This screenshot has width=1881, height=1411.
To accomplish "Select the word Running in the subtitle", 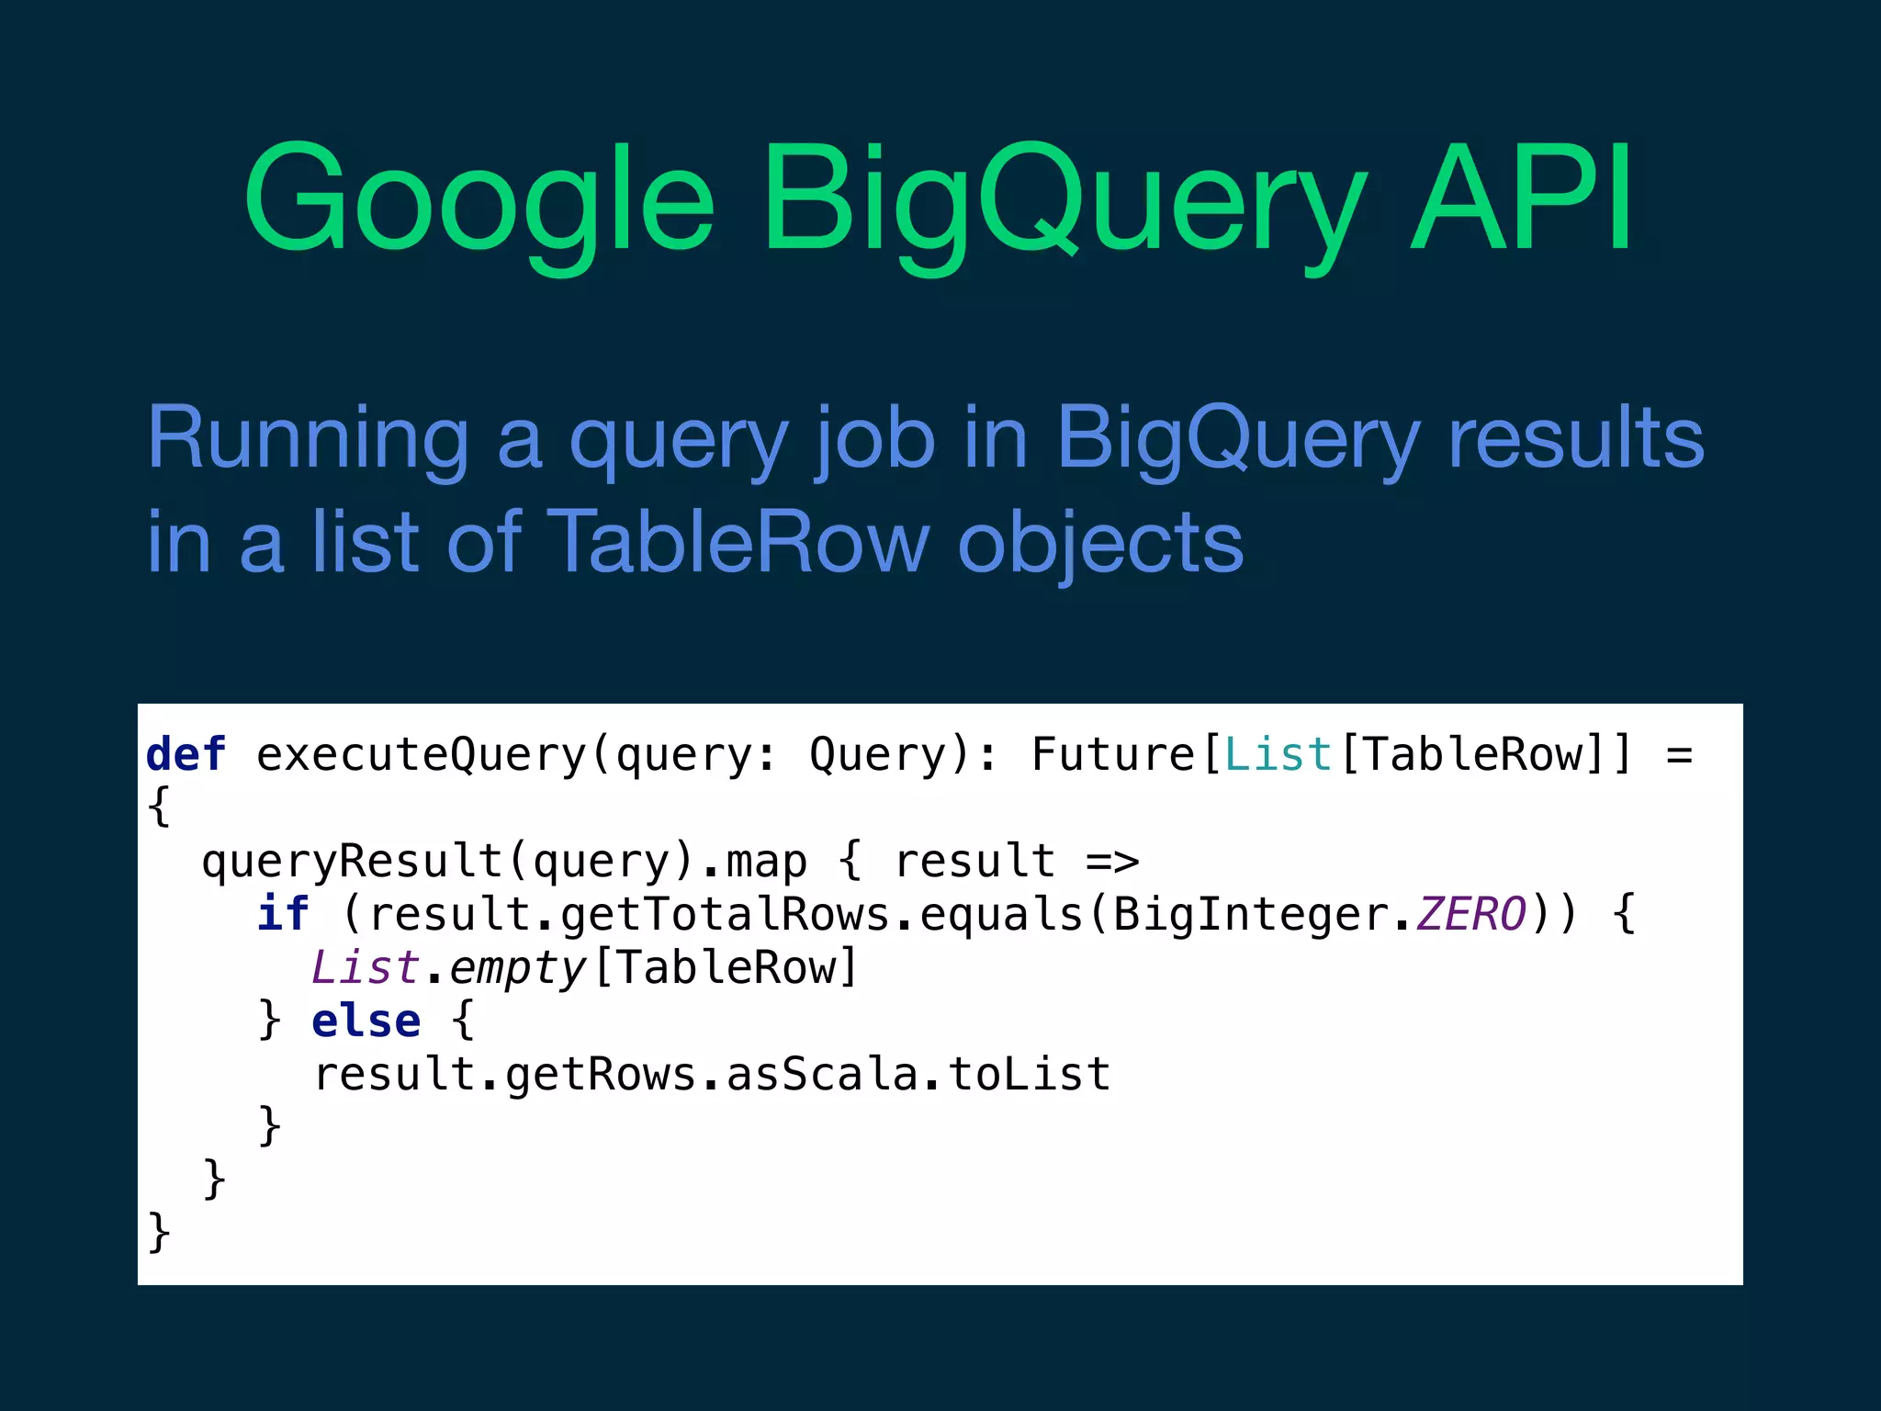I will pyautogui.click(x=308, y=438).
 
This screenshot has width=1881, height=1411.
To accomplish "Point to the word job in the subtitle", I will pyautogui.click(x=874, y=438).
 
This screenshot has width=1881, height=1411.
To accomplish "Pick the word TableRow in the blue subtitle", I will pyautogui.click(x=738, y=542).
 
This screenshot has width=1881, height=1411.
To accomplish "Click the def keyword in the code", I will pyautogui.click(x=186, y=754).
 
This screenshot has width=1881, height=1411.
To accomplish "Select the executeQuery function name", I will pyautogui.click(x=421, y=755).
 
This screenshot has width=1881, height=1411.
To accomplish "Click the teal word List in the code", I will pyautogui.click(x=1278, y=754).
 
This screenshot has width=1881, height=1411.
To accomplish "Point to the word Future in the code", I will pyautogui.click(x=1112, y=754).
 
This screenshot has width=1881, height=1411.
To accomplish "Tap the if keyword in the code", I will pyautogui.click(x=282, y=913).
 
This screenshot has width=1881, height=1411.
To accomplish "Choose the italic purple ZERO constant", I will pyautogui.click(x=1470, y=913).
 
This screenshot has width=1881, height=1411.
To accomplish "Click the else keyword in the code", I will pyautogui.click(x=366, y=1021).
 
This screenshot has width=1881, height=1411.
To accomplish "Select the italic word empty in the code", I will pyautogui.click(x=517, y=967).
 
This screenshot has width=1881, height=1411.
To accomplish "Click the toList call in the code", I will pyautogui.click(x=1029, y=1074).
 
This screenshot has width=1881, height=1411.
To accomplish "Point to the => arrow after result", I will pyautogui.click(x=1112, y=862).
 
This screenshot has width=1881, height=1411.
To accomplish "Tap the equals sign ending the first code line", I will pyautogui.click(x=1679, y=755).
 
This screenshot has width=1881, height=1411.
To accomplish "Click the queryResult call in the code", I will pyautogui.click(x=352, y=862).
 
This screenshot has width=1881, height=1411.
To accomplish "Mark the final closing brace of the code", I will pyautogui.click(x=159, y=1231).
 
